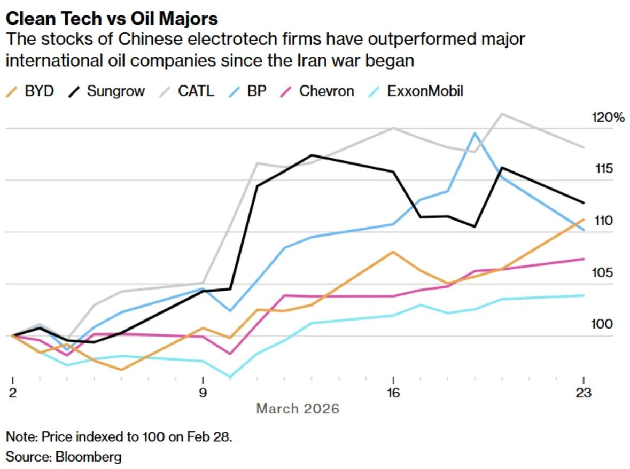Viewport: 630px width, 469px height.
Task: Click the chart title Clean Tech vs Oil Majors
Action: click(112, 19)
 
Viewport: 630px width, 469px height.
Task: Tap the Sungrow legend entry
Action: click(107, 91)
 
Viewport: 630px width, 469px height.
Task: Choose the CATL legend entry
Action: click(187, 91)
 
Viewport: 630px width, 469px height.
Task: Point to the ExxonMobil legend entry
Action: click(417, 91)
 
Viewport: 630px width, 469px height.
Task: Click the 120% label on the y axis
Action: click(608, 118)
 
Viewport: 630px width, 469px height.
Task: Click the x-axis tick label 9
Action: click(203, 393)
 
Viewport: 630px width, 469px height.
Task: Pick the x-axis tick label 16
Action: click(393, 393)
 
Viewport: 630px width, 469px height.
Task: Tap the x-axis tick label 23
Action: click(583, 393)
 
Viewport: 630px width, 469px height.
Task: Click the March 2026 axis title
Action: click(298, 409)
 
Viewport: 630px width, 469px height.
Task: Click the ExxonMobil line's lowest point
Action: click(230, 377)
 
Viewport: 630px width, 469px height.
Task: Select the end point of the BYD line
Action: click(583, 219)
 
